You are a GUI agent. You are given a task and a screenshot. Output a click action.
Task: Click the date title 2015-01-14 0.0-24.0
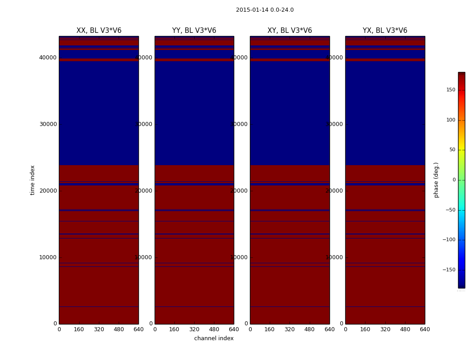coord(264,10)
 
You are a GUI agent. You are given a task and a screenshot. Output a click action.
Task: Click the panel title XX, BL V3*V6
coord(99,31)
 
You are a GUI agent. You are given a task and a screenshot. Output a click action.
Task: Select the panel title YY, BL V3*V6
coord(194,31)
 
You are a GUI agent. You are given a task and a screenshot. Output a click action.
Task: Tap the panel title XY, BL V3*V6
coord(289,31)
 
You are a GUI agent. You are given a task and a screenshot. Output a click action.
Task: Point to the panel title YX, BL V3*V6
coord(385,31)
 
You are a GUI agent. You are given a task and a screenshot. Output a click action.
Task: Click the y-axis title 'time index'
coord(32,180)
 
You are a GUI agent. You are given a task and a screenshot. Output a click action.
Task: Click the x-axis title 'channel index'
coord(214,338)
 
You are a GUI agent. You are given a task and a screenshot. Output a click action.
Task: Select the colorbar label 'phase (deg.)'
coord(436,180)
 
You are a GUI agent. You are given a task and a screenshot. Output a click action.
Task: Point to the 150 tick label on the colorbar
coord(450,90)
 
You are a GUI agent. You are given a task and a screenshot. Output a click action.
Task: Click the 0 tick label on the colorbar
coord(454,180)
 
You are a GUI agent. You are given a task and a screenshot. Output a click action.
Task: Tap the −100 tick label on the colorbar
coord(449,240)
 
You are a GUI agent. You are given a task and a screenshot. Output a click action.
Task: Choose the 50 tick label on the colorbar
coord(452,150)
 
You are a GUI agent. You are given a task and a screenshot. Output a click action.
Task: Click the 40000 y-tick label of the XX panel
coord(48,58)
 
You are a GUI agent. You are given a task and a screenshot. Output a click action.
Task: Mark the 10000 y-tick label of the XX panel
coord(48,257)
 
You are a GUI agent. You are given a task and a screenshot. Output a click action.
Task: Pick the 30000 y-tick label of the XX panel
coord(48,124)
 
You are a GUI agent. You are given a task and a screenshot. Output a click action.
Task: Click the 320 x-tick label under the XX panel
coord(99,329)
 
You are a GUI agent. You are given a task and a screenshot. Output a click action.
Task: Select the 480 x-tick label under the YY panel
coord(214,329)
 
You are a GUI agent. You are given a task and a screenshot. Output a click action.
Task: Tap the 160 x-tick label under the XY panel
coord(270,329)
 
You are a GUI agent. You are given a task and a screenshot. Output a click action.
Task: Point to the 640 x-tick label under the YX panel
coord(425,329)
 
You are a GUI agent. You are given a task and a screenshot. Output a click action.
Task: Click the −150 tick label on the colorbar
coord(449,270)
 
